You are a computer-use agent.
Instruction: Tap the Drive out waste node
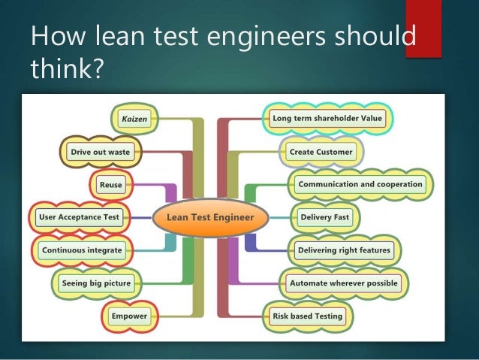pos(100,152)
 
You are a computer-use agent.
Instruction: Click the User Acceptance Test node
pos(78,217)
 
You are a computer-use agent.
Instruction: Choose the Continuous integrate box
pos(82,250)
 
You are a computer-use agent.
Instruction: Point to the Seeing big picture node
pos(96,283)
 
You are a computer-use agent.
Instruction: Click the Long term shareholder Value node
pos(327,118)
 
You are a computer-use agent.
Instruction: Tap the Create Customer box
pos(321,151)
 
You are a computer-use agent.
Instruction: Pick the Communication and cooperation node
pos(360,184)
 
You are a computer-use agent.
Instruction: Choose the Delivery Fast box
pos(324,217)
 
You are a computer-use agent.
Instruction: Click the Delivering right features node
pos(345,250)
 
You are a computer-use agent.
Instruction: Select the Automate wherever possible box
pos(344,283)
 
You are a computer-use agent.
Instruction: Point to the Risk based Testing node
pos(306,316)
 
